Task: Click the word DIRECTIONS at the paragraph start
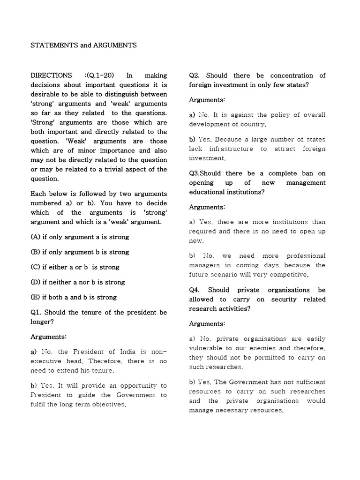point(51,75)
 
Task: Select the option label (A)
point(36,237)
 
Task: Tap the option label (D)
point(36,282)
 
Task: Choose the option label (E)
point(36,297)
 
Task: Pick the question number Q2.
point(195,75)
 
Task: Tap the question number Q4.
point(195,290)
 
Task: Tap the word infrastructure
point(230,149)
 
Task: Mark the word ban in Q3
point(308,173)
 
